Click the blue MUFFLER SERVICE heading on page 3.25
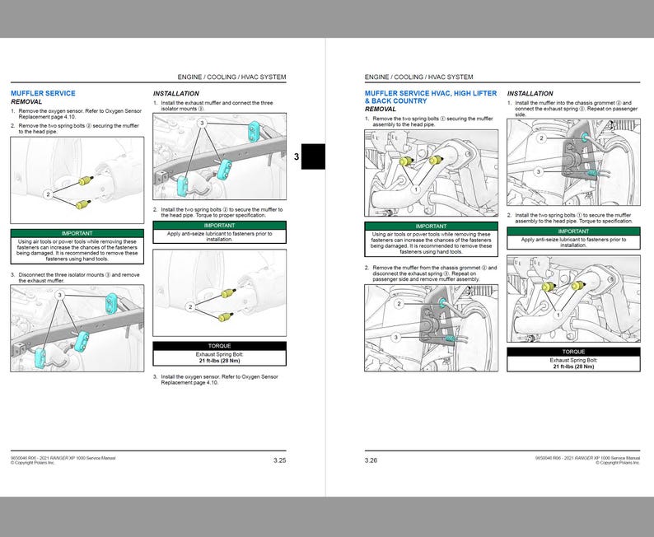tap(42, 93)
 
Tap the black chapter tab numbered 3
tap(312, 156)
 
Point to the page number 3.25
tap(279, 460)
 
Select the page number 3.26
tap(371, 460)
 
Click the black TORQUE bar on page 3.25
tap(219, 346)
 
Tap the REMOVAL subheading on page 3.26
tap(380, 109)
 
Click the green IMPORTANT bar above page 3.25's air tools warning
tap(77, 234)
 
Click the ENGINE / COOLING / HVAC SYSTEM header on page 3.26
tap(418, 77)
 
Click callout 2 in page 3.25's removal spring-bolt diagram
tap(48, 194)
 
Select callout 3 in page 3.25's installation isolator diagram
tap(200, 123)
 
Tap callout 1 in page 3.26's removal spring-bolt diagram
tap(417, 189)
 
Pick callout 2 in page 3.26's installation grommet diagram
tap(541, 138)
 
